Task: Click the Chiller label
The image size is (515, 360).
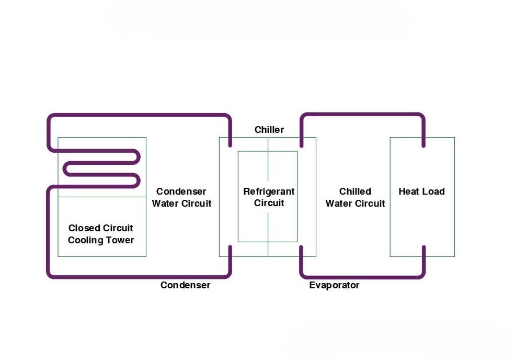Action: point(269,129)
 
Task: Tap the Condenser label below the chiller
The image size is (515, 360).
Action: point(185,285)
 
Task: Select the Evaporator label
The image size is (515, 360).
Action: point(334,285)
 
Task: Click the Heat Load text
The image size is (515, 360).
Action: point(421,192)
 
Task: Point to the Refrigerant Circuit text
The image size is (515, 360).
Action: point(269,197)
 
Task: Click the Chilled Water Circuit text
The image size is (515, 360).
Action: point(355,197)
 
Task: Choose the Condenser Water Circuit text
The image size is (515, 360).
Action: point(181,197)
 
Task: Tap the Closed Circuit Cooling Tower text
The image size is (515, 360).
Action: point(101,234)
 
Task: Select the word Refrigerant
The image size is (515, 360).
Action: point(269,192)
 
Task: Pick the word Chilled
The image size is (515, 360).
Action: point(355,192)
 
